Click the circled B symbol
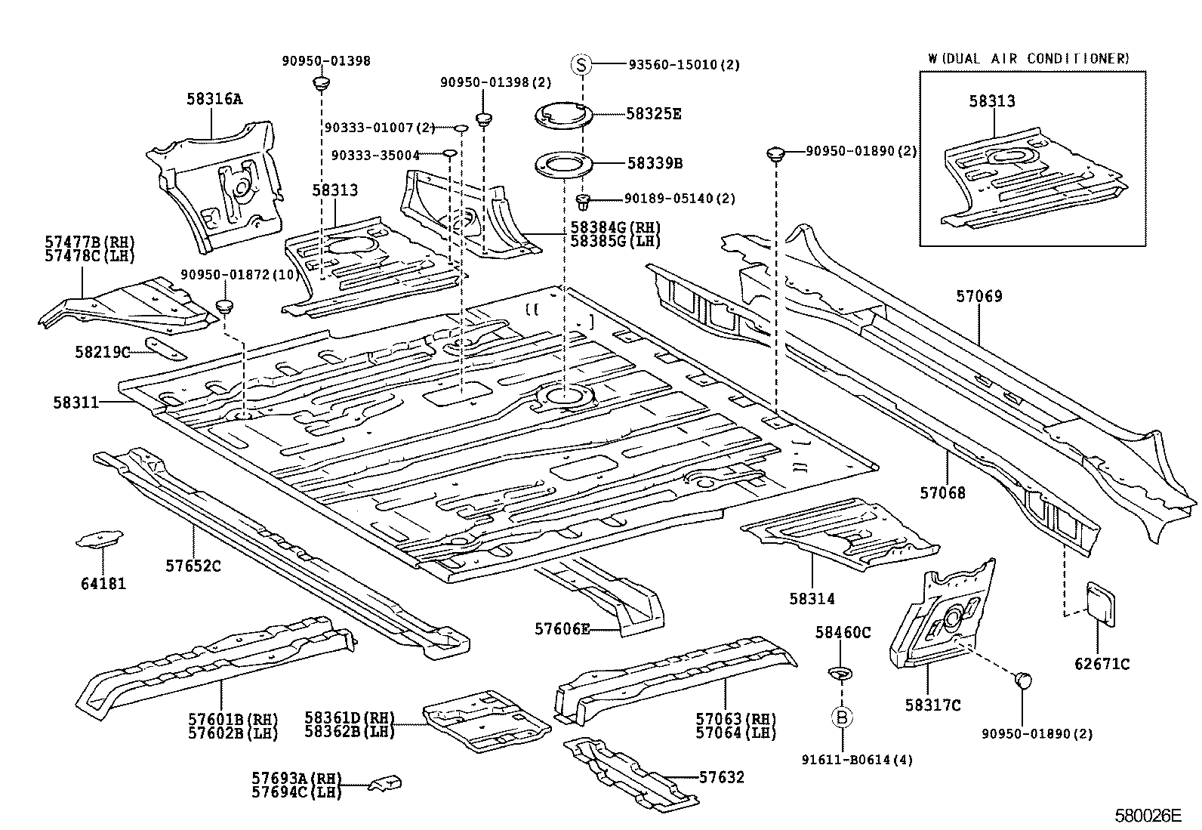pos(842,717)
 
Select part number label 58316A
pos(214,99)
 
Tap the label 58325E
pos(653,114)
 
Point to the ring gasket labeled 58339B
pos(562,164)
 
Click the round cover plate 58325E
pos(562,116)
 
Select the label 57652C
pos(193,566)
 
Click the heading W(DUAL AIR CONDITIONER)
pos(1028,58)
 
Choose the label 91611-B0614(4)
pos(858,760)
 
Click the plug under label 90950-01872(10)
pos(225,307)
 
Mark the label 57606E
pos(562,628)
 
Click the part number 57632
pos(721,777)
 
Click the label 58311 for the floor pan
pos(76,403)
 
